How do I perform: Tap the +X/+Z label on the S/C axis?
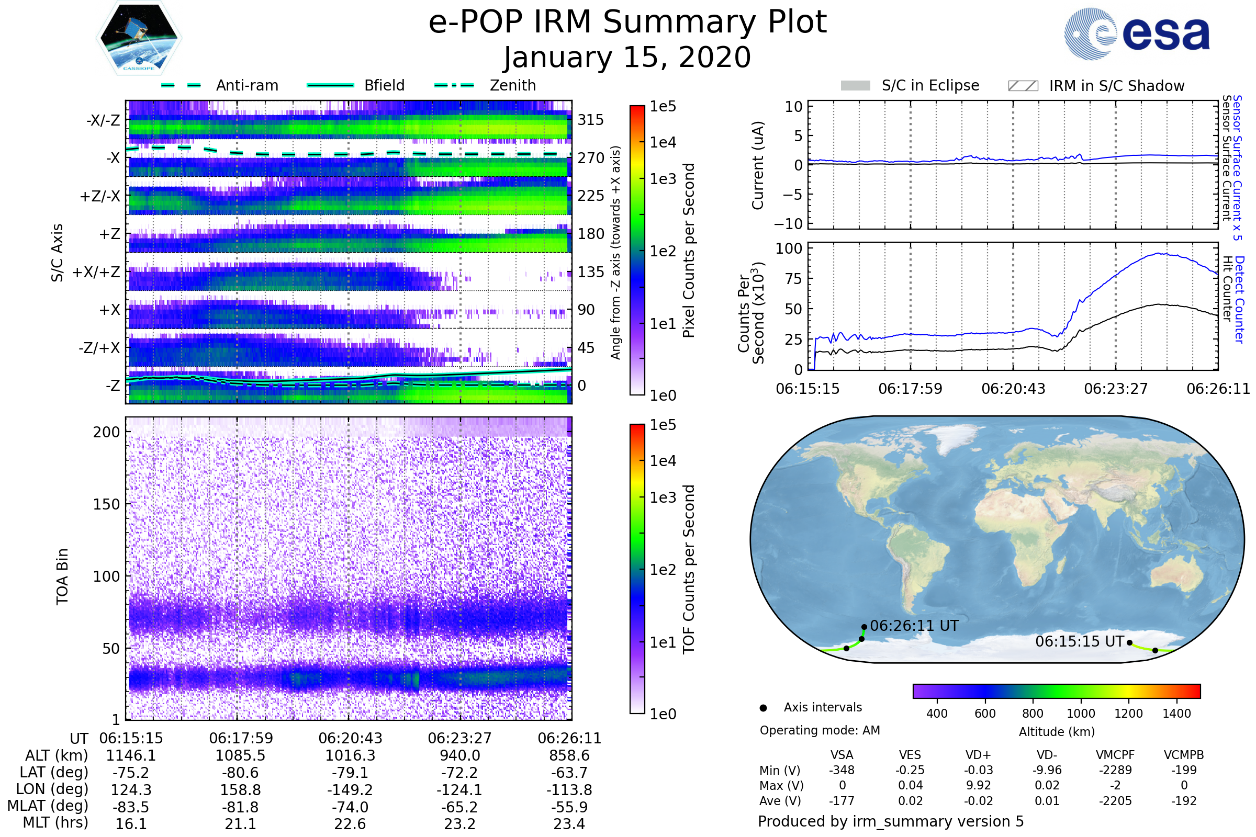pyautogui.click(x=96, y=272)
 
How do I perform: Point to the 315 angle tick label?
pyautogui.click(x=590, y=120)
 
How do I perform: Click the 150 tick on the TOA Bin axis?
pyautogui.click(x=106, y=504)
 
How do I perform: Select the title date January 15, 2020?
pyautogui.click(x=627, y=58)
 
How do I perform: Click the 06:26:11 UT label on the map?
pyautogui.click(x=914, y=626)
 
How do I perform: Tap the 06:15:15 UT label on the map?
pyautogui.click(x=1079, y=641)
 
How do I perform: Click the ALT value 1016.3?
pyautogui.click(x=350, y=755)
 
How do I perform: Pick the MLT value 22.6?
pyautogui.click(x=350, y=823)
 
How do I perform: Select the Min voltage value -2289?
pyautogui.click(x=1115, y=770)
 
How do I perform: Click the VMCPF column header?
pyautogui.click(x=1115, y=755)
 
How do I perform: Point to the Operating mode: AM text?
pyautogui.click(x=820, y=730)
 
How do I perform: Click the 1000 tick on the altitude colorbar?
pyautogui.click(x=1080, y=714)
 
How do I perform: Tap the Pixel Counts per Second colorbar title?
pyautogui.click(x=689, y=250)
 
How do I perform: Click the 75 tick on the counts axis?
pyautogui.click(x=794, y=279)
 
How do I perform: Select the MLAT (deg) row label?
pyautogui.click(x=48, y=806)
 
